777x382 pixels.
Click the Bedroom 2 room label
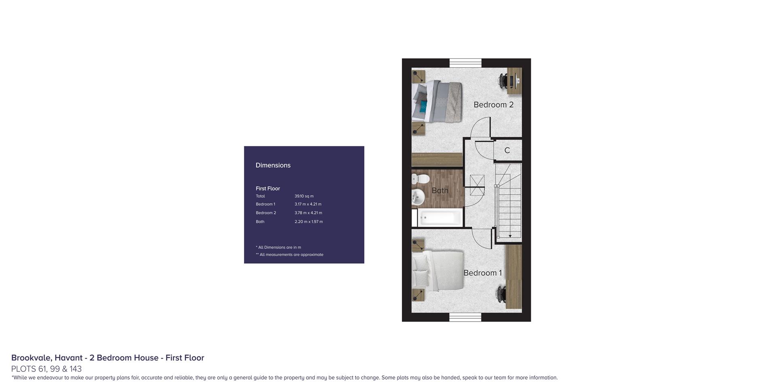(x=493, y=105)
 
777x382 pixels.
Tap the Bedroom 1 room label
(x=482, y=273)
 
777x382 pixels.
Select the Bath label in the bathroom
(x=440, y=190)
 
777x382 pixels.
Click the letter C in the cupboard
(x=507, y=151)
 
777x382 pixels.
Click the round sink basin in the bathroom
(x=418, y=197)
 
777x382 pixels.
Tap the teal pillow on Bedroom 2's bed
(x=423, y=107)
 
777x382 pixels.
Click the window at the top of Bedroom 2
(x=465, y=63)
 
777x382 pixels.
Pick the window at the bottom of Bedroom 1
(x=465, y=317)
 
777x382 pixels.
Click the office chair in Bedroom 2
(x=503, y=80)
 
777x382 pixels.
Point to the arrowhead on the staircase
(x=510, y=236)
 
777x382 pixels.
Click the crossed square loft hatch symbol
(x=477, y=185)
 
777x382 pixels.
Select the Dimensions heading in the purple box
(x=273, y=165)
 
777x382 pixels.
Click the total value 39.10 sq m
(x=304, y=196)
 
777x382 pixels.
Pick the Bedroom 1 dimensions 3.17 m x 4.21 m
(x=308, y=204)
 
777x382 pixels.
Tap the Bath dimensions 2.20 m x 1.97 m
(x=309, y=222)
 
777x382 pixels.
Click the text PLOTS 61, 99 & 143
(x=47, y=369)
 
